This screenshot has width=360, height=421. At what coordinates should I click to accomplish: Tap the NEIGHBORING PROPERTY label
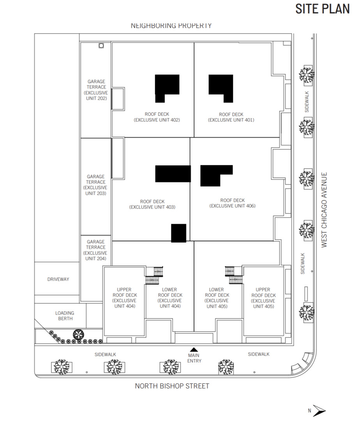coord(171,26)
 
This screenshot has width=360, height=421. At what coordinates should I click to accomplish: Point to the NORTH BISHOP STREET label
coord(172,386)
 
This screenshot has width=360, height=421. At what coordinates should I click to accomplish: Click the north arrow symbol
coord(319,410)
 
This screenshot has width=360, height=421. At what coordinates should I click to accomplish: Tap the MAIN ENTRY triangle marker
coord(194,350)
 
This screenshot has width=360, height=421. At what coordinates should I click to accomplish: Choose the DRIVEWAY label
coord(58,279)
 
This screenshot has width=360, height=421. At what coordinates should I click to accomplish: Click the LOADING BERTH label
coord(65,316)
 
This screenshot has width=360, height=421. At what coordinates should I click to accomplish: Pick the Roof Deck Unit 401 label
coord(231,117)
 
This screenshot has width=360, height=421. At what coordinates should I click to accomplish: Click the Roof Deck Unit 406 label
coord(233,203)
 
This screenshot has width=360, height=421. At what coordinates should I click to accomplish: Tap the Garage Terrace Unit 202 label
coord(96,90)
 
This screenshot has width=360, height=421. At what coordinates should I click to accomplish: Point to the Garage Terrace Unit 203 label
coord(96,185)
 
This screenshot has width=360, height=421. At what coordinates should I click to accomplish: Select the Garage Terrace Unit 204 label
coord(96,250)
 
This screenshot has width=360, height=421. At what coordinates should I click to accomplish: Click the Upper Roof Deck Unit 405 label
coord(263,298)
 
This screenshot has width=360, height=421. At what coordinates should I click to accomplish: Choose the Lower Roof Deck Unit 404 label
coord(170,298)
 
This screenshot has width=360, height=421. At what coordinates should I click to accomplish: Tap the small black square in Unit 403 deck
coord(179,233)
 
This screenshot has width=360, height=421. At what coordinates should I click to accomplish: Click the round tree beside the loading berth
coord(78,334)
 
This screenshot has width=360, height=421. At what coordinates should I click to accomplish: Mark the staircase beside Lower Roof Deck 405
coord(234,275)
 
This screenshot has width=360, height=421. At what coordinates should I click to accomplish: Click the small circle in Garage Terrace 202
coord(101,46)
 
